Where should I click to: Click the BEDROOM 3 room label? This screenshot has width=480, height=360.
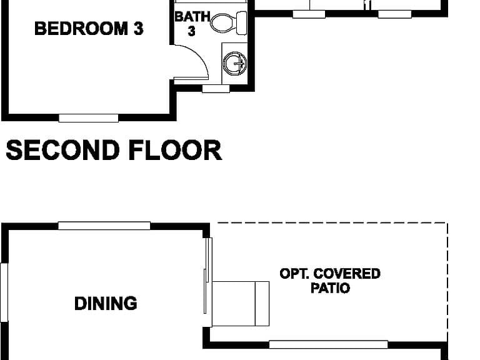pyautogui.click(x=89, y=29)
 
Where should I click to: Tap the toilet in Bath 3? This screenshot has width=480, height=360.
pyautogui.click(x=228, y=23)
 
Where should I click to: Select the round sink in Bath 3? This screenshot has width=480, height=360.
pyautogui.click(x=234, y=63)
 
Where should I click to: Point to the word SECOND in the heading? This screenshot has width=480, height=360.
pyautogui.click(x=62, y=150)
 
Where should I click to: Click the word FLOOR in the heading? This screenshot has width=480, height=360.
pyautogui.click(x=175, y=150)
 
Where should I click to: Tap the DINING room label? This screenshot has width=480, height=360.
pyautogui.click(x=106, y=303)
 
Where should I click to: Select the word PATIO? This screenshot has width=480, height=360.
pyautogui.click(x=330, y=288)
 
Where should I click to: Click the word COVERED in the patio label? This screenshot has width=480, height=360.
pyautogui.click(x=347, y=274)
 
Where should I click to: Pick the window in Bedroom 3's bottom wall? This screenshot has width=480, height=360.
pyautogui.click(x=89, y=118)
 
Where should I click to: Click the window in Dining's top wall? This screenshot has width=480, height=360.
pyautogui.click(x=104, y=226)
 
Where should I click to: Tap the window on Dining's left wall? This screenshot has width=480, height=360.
pyautogui.click(x=4, y=292)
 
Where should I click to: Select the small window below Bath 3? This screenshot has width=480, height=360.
pyautogui.click(x=216, y=89)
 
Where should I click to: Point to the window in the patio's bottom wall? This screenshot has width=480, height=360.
pyautogui.click(x=329, y=344)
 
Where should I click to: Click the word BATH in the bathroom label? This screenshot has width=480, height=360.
pyautogui.click(x=192, y=16)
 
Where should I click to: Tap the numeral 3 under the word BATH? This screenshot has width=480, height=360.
pyautogui.click(x=192, y=31)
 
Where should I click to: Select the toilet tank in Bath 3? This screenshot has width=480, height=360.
pyautogui.click(x=242, y=23)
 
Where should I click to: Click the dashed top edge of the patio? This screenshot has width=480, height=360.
pyautogui.click(x=332, y=223)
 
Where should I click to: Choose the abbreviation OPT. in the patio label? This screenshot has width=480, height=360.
pyautogui.click(x=294, y=274)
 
